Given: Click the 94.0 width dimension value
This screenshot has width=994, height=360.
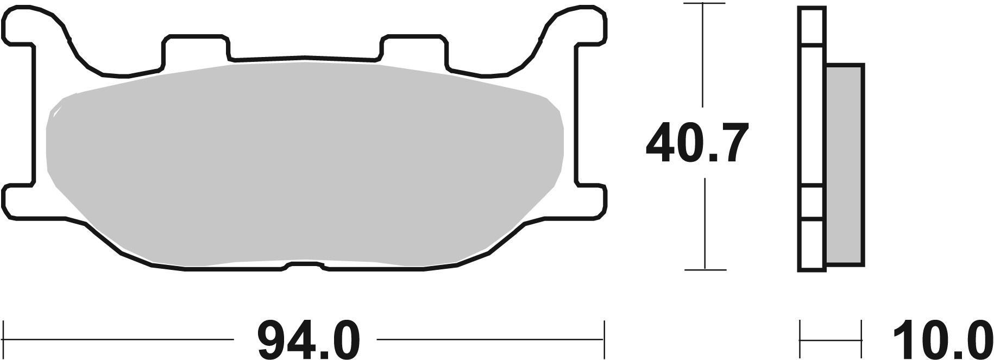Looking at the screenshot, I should pyautogui.click(x=308, y=339).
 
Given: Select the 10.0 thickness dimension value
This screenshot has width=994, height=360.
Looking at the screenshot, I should pyautogui.click(x=944, y=339).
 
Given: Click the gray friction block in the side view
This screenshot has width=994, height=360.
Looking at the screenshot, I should pyautogui.click(x=845, y=165).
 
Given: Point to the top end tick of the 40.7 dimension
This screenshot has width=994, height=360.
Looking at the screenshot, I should pyautogui.click(x=704, y=4).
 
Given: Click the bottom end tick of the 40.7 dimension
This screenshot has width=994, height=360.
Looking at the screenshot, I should pyautogui.click(x=704, y=269).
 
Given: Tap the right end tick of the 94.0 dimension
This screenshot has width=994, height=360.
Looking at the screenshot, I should pyautogui.click(x=604, y=331).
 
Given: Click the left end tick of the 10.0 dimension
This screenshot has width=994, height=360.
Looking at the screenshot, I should pyautogui.click(x=801, y=331).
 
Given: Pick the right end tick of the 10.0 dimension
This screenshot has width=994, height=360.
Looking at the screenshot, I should pyautogui.click(x=861, y=331).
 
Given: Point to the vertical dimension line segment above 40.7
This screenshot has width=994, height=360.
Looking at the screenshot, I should pyautogui.click(x=704, y=54).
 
